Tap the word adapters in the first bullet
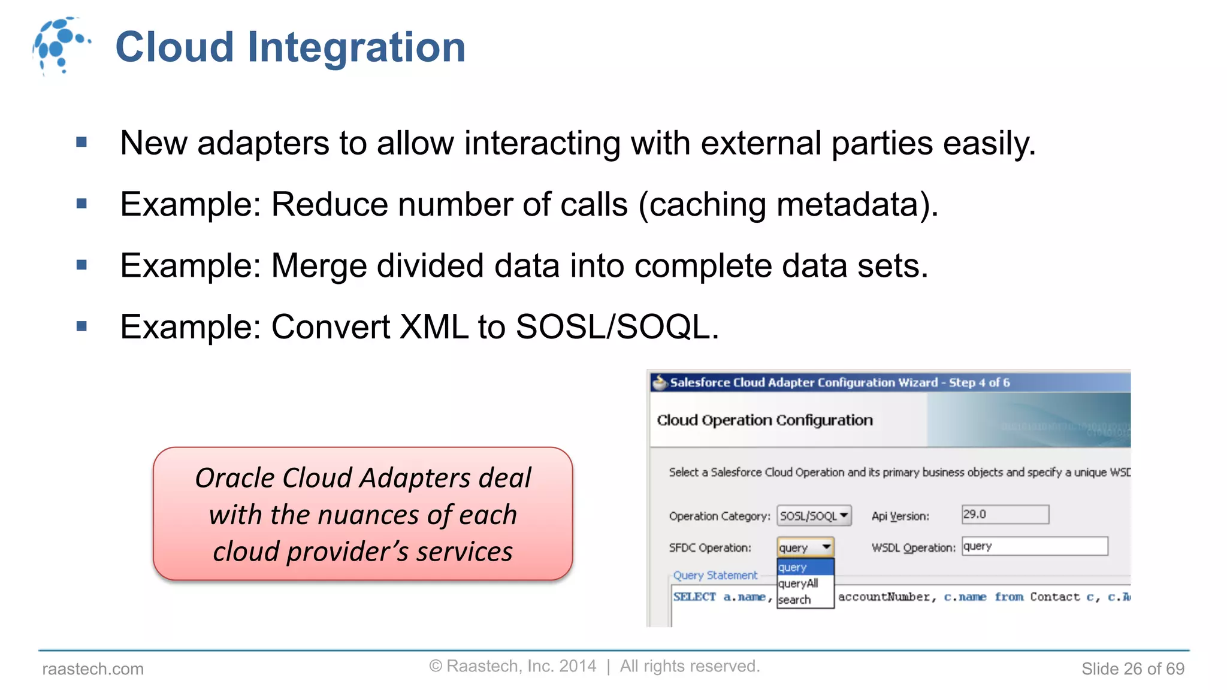point(263,143)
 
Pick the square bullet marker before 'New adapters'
point(82,143)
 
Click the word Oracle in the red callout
point(235,478)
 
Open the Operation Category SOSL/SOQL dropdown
point(814,516)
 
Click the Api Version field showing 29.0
point(1005,515)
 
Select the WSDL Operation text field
point(1034,546)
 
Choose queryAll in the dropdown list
point(798,583)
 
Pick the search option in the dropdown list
point(794,600)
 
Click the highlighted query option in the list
point(793,567)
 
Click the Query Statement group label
point(715,575)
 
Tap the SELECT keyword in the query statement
point(694,597)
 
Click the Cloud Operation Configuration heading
point(764,420)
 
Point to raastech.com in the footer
point(93,668)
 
